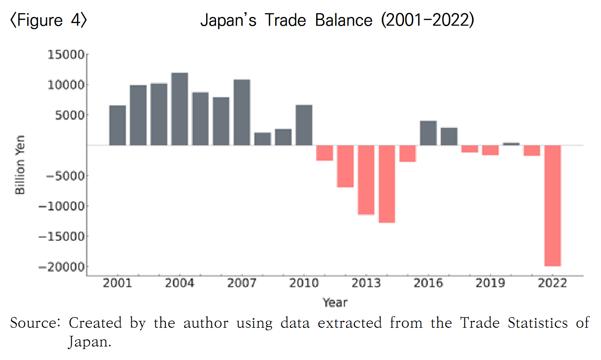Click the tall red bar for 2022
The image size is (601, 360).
coord(553,205)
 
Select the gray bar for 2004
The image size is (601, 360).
coord(180,109)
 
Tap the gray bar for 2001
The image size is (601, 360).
coord(117,125)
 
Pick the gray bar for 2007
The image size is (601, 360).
coord(242,112)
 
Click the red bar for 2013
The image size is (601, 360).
coord(366,180)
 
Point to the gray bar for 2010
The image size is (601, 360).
coord(304,125)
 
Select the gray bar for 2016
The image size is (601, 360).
coord(428,133)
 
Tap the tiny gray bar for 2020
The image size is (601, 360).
coord(511,143)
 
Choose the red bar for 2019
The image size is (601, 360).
coord(491,150)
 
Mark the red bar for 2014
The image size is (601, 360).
coord(387,184)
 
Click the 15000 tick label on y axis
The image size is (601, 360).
coord(65,55)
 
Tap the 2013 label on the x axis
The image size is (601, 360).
coord(366,283)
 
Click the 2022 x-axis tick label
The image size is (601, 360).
coord(552,283)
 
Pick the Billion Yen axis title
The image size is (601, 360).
coord(20,165)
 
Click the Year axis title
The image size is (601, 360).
coord(335,302)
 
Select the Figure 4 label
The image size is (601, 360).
coord(48,20)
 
